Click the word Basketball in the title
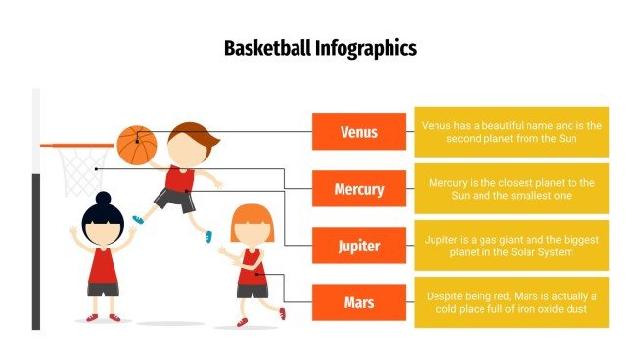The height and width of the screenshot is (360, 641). point(268,48)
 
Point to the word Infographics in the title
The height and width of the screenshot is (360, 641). point(366,48)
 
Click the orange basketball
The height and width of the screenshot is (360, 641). point(137,145)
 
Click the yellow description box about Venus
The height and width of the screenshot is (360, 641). point(511,132)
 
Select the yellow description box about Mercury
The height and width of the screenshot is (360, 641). point(511,189)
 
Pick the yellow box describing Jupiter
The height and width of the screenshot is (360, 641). point(511,246)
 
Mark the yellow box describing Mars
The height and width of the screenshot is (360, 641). point(511,302)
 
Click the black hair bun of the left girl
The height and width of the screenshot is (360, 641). point(103,198)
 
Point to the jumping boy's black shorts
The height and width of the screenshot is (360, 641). point(175,200)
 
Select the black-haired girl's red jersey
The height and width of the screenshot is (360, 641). point(103,265)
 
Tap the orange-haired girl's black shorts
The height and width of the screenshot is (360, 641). point(252,291)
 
